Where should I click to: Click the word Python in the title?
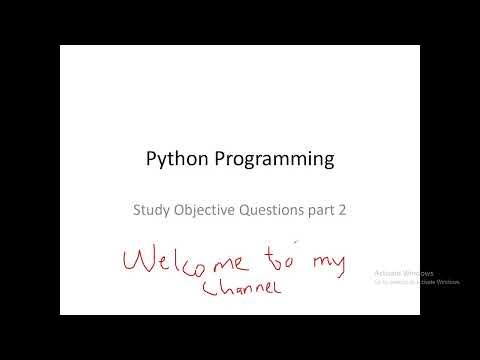click(x=173, y=159)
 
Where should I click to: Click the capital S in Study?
click(x=137, y=211)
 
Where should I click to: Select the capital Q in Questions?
click(x=248, y=211)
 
